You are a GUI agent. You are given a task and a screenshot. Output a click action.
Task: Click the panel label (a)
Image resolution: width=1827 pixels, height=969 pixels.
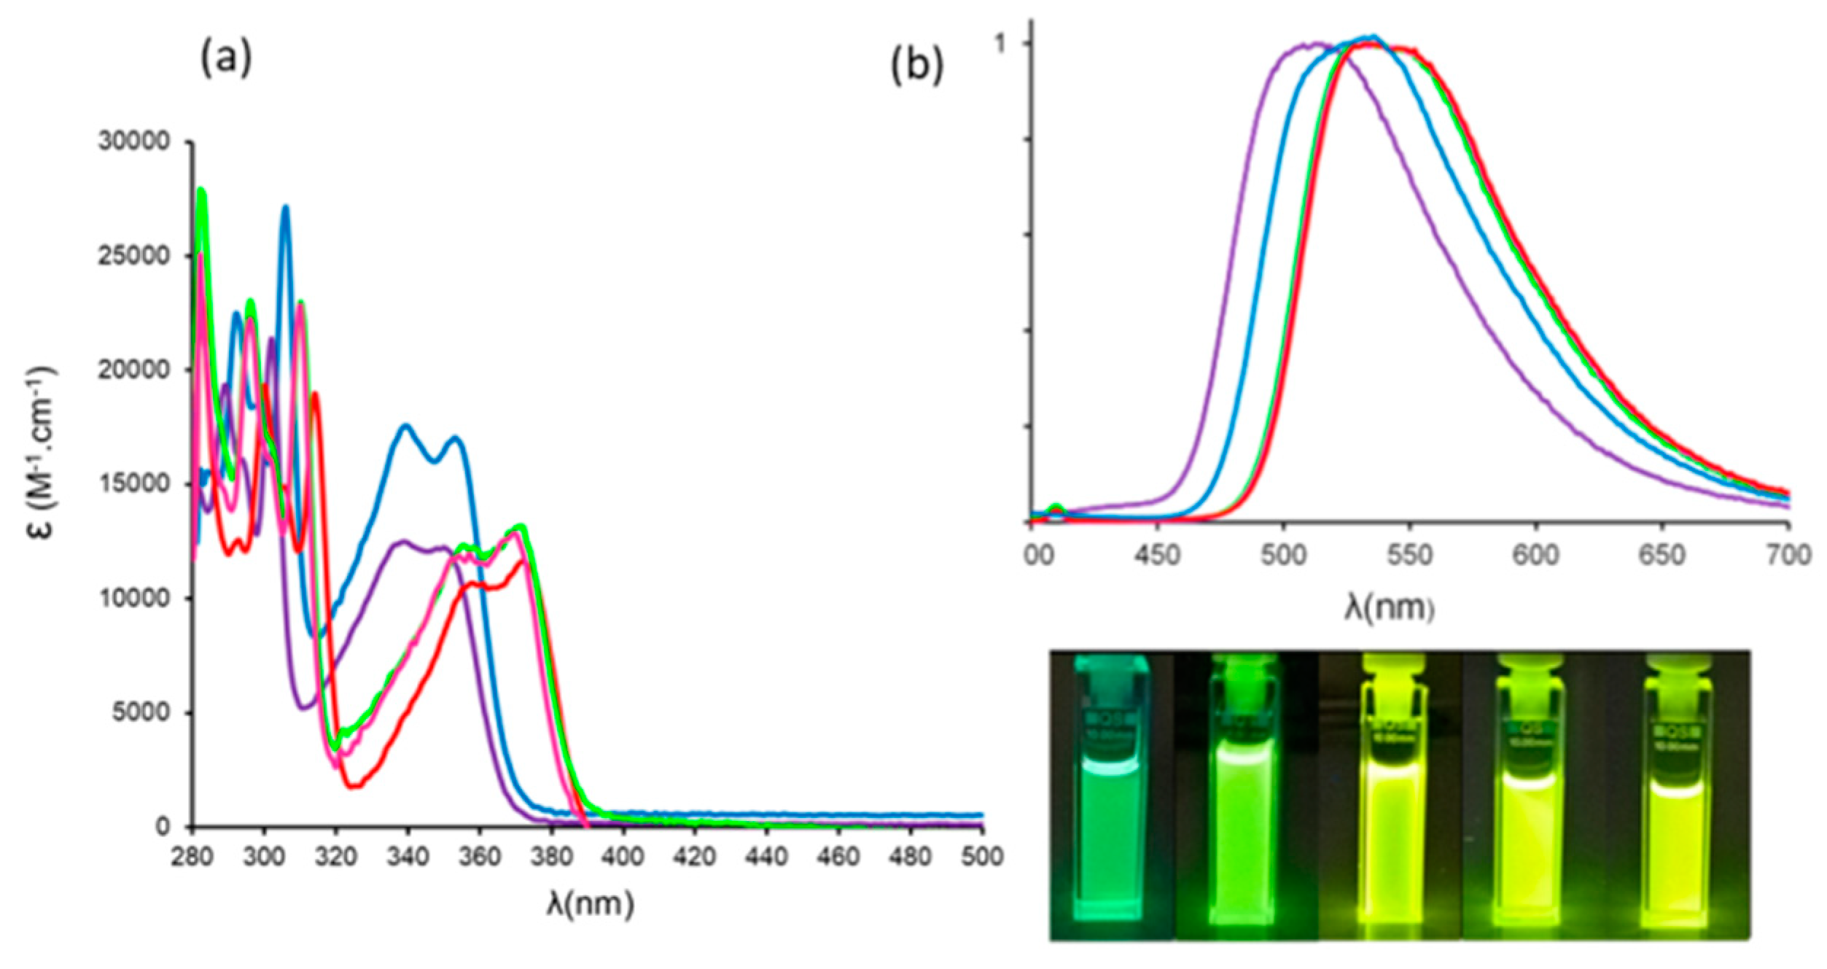(x=226, y=59)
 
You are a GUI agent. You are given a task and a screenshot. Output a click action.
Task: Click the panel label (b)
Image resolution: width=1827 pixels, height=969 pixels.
(x=917, y=66)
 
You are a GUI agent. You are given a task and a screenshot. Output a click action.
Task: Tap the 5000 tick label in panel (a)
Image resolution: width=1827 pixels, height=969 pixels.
(x=141, y=712)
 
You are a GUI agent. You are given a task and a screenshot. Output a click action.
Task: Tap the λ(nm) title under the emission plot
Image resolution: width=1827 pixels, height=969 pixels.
(x=1390, y=607)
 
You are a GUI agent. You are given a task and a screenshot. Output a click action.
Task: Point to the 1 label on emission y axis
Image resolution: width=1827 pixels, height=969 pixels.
(x=1001, y=44)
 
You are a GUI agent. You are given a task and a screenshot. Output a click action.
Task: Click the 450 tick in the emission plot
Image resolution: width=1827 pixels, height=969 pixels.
(x=1157, y=556)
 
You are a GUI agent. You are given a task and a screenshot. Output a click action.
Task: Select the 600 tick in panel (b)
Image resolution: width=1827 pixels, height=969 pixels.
(x=1536, y=556)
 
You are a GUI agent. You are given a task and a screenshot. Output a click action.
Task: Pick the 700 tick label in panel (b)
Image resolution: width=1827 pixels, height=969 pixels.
(x=1789, y=556)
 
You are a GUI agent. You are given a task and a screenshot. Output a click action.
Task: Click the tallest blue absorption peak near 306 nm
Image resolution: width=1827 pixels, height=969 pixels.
(x=286, y=208)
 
